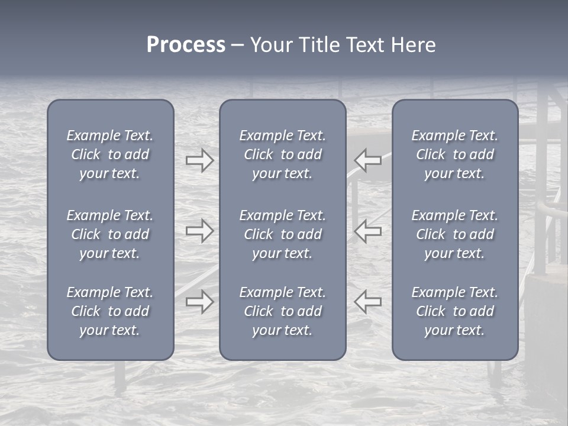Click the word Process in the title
186,45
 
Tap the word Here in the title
412,45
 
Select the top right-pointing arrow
200,160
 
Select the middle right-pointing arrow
200,231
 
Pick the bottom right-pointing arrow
200,302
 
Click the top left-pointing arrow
367,160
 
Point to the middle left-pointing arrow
367,231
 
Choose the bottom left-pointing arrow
367,302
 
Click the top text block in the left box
110,154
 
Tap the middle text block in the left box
110,234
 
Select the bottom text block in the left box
110,311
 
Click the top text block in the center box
283,154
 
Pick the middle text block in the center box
283,234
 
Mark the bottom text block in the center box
283,311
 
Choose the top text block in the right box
455,154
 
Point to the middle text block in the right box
455,234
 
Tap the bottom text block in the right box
455,311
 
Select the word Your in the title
271,45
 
